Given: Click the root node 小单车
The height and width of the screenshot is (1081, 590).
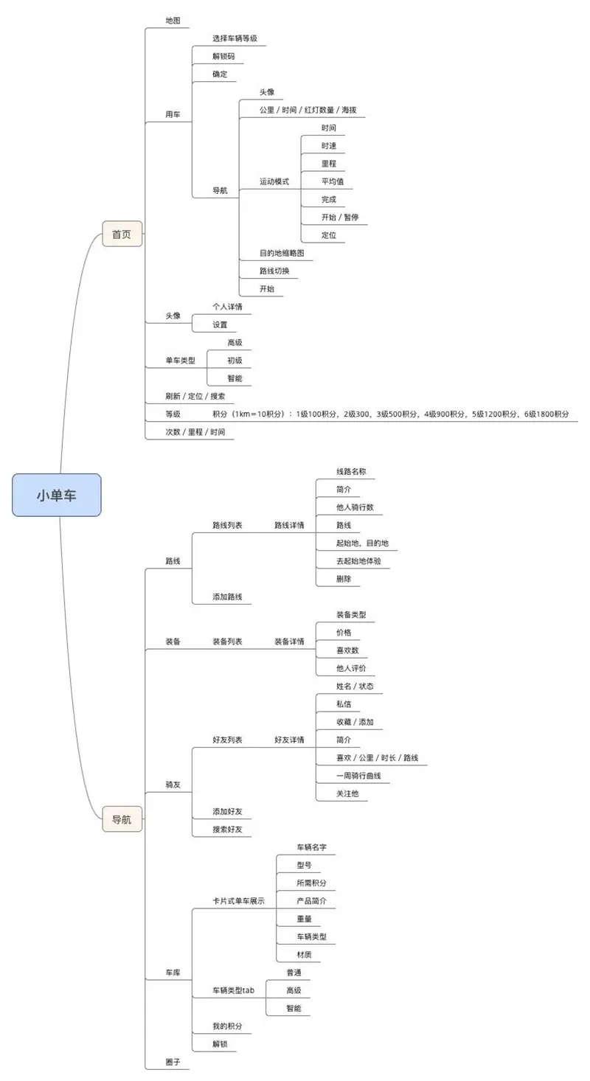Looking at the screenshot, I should click(x=56, y=495).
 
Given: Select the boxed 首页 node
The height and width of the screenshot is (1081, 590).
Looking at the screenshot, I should click(x=122, y=234).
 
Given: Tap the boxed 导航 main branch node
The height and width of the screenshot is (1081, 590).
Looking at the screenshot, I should click(x=122, y=819).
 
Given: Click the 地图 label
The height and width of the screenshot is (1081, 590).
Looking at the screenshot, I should click(x=173, y=20).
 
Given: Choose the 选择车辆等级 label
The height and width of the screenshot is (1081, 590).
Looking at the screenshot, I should click(x=234, y=38).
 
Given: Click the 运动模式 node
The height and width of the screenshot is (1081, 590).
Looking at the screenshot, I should click(x=274, y=181).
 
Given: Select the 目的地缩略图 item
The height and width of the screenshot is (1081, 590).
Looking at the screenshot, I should click(x=281, y=253).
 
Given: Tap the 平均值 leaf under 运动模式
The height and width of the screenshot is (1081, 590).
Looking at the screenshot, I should click(x=333, y=181).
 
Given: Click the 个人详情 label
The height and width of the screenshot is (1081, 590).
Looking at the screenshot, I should click(x=227, y=307).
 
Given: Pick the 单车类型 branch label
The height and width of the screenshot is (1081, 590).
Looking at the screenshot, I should click(x=180, y=361).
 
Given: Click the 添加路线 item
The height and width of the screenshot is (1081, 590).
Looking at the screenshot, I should click(x=227, y=597).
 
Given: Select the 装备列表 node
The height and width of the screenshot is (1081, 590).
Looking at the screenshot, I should click(x=227, y=642).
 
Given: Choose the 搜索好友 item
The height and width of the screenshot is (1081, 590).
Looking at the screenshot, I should click(x=227, y=830).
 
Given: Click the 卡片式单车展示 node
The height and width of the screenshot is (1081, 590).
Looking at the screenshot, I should click(x=238, y=901).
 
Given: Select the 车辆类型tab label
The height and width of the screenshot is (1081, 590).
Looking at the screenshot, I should click(x=233, y=990).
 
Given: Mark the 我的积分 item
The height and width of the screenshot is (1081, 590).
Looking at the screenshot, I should click(x=227, y=1026).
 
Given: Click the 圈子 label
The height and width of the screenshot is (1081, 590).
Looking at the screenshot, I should click(x=173, y=1063).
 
